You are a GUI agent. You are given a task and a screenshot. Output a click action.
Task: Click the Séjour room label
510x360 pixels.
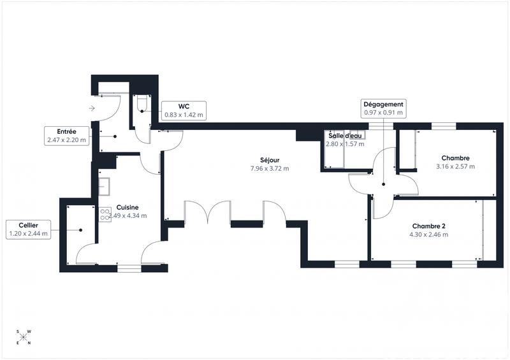(x=269, y=160)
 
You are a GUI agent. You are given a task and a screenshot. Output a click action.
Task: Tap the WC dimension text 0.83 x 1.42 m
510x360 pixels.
(x=184, y=115)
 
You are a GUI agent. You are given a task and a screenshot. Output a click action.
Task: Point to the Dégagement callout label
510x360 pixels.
(x=383, y=104)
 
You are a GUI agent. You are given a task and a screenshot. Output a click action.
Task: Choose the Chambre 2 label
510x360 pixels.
(x=430, y=226)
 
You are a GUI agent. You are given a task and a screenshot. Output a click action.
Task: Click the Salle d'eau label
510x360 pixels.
(x=345, y=136)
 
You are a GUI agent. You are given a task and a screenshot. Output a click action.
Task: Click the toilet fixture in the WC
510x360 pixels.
(x=141, y=103)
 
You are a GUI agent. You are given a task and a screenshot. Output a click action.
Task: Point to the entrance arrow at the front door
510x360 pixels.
(x=92, y=108)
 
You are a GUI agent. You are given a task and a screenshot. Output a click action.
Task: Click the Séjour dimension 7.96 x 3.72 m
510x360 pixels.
(x=269, y=169)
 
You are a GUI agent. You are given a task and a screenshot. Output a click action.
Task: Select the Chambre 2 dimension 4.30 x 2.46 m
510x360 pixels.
(x=430, y=234)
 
